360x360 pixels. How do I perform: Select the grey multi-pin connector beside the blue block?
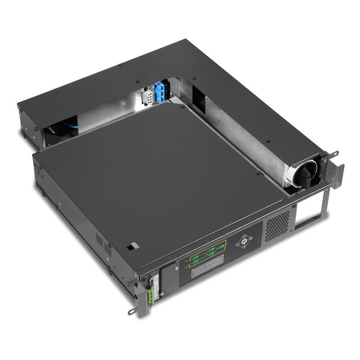[x=146, y=96]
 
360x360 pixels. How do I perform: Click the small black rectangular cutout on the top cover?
[x=130, y=247]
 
